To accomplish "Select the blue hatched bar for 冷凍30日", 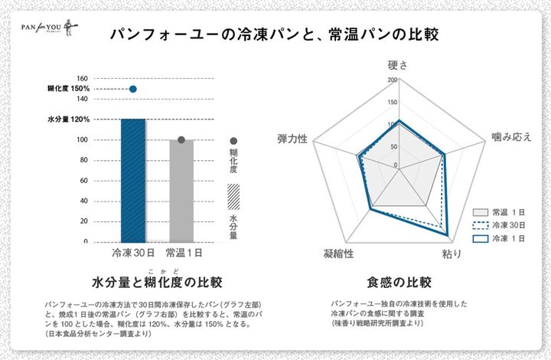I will pyautogui.click(x=133, y=180).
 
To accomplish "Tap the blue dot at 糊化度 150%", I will pyautogui.click(x=133, y=89).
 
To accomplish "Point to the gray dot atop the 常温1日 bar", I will pyautogui.click(x=181, y=140).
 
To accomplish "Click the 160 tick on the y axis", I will pyautogui.click(x=83, y=78).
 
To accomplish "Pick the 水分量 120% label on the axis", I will pyautogui.click(x=69, y=119).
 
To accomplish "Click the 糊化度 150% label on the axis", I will pyautogui.click(x=69, y=89).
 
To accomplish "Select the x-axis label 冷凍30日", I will pyautogui.click(x=133, y=252).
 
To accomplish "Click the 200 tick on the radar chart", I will pyautogui.click(x=393, y=80).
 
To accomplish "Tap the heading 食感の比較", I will pyautogui.click(x=399, y=282).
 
